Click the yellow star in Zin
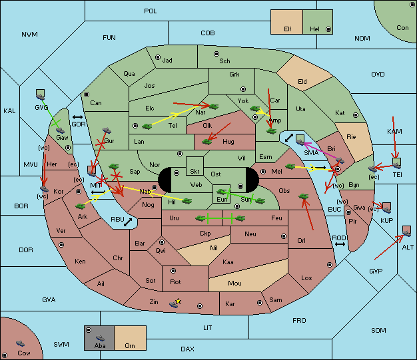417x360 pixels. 179,301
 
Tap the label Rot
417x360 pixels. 175,282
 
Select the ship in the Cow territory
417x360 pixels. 20,343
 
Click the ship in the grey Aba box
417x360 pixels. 100,338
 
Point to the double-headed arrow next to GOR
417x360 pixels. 77,117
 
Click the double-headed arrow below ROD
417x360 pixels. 340,244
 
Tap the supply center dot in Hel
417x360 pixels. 328,29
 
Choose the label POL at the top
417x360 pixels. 151,11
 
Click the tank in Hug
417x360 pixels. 207,142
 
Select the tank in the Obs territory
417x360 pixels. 304,196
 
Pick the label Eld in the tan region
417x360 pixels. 302,82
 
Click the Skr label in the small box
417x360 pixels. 195,172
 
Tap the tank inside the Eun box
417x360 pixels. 221,192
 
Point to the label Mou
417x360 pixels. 234,283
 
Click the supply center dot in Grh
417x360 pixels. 243,89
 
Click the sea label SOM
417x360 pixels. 378,331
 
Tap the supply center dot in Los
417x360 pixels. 330,265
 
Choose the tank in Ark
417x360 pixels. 80,206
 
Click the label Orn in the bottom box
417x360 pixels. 130,345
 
